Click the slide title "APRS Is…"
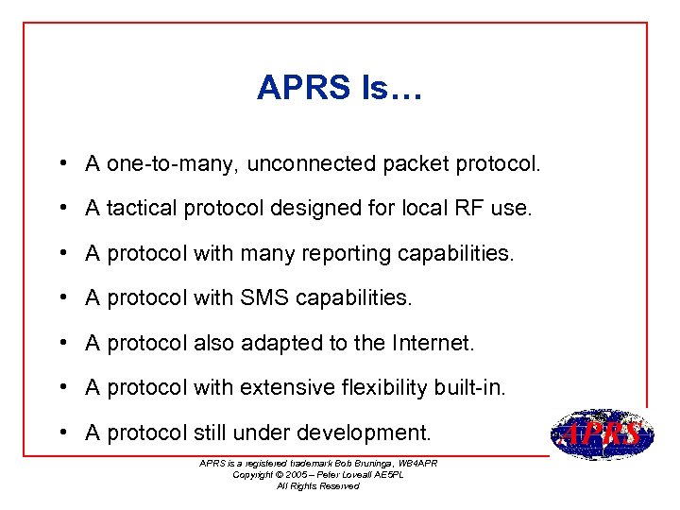coord(340,89)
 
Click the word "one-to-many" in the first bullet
coord(174,164)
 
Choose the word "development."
coord(364,433)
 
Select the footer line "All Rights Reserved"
coord(318,485)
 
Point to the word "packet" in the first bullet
coord(416,164)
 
